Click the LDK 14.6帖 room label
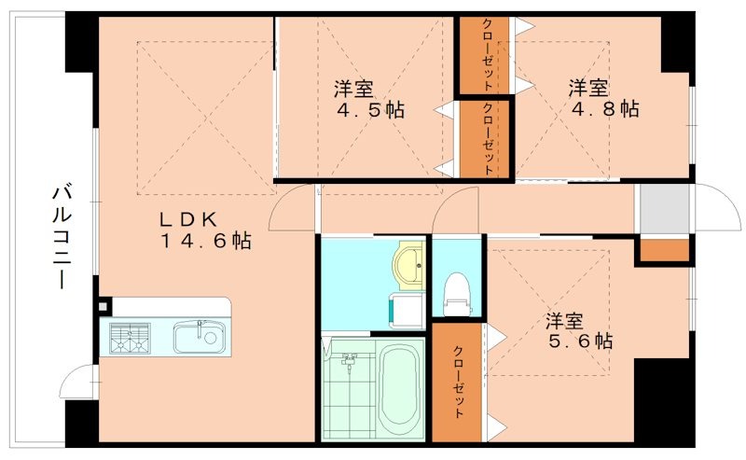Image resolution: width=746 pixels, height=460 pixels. coord(202,230)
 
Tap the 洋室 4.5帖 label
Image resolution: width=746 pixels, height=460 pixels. coord(369,100)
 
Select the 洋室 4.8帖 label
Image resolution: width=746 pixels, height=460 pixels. coord(603,99)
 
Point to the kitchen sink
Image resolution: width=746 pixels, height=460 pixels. coord(199,336)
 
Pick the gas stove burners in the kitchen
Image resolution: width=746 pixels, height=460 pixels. coord(131,337)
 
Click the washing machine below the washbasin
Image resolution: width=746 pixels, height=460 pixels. coord(403,309)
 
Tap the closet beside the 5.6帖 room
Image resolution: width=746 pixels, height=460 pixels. coord(458,383)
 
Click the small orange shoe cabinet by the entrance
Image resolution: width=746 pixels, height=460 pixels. coord(664,251)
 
